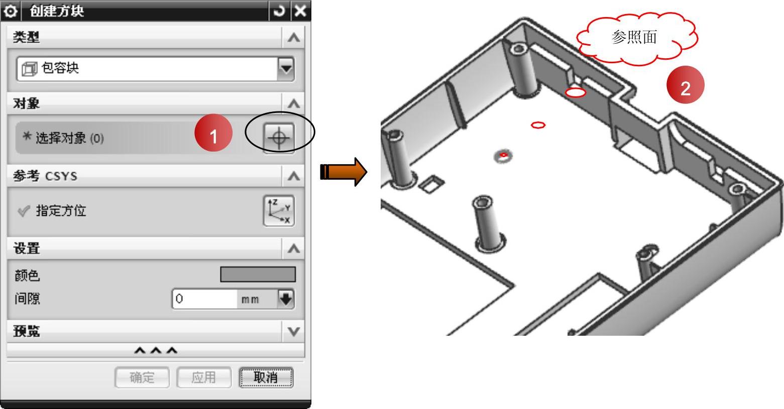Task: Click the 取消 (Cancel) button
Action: coord(266,377)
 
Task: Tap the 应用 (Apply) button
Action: coord(204,377)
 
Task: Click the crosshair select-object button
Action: coord(279,138)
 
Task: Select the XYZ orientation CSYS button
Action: coord(279,211)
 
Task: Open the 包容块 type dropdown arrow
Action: coord(286,69)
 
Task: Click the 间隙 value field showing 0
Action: coord(204,299)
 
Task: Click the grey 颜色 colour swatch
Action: coord(258,275)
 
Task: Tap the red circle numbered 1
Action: coord(213,133)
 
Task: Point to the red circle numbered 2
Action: coord(685,85)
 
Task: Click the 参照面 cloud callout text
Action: coord(634,37)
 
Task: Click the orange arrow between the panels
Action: coord(344,172)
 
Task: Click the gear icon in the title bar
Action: coord(11,11)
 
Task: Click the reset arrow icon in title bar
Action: coord(279,11)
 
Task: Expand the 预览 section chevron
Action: coord(293,331)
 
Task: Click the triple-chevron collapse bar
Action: coord(156,350)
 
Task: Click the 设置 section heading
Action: coord(27,248)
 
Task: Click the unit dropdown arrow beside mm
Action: coord(286,299)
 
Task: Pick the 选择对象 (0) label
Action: coord(69,138)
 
